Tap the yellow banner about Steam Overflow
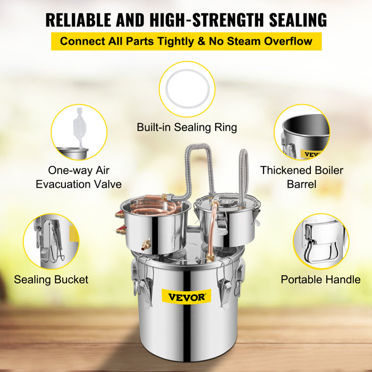click(187, 41)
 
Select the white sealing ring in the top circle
click(187, 89)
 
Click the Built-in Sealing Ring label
click(187, 128)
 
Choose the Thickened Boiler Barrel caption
click(301, 177)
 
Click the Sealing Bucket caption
click(51, 279)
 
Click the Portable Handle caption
click(320, 279)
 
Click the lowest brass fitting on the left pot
click(146, 246)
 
